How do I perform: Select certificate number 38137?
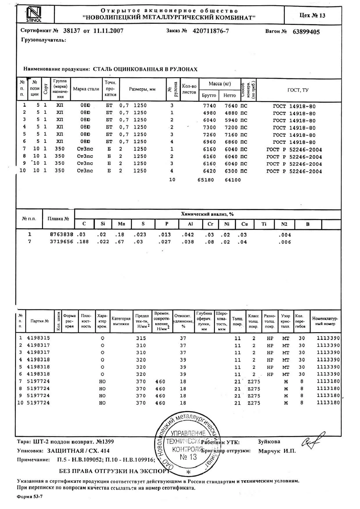click(x=71, y=31)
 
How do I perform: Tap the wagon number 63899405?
click(x=306, y=32)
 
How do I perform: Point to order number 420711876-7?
click(x=211, y=31)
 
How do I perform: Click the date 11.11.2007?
click(x=108, y=31)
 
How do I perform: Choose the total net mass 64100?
click(x=233, y=180)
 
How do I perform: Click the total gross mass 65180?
click(x=206, y=180)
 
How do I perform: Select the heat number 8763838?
click(x=62, y=234)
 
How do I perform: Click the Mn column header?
click(x=122, y=224)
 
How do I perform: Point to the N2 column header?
click(x=284, y=224)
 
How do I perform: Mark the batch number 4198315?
click(x=38, y=338)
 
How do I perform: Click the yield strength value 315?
click(x=141, y=338)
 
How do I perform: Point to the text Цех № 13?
click(x=312, y=15)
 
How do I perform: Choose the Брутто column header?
click(x=209, y=95)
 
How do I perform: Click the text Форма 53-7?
click(x=30, y=496)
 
